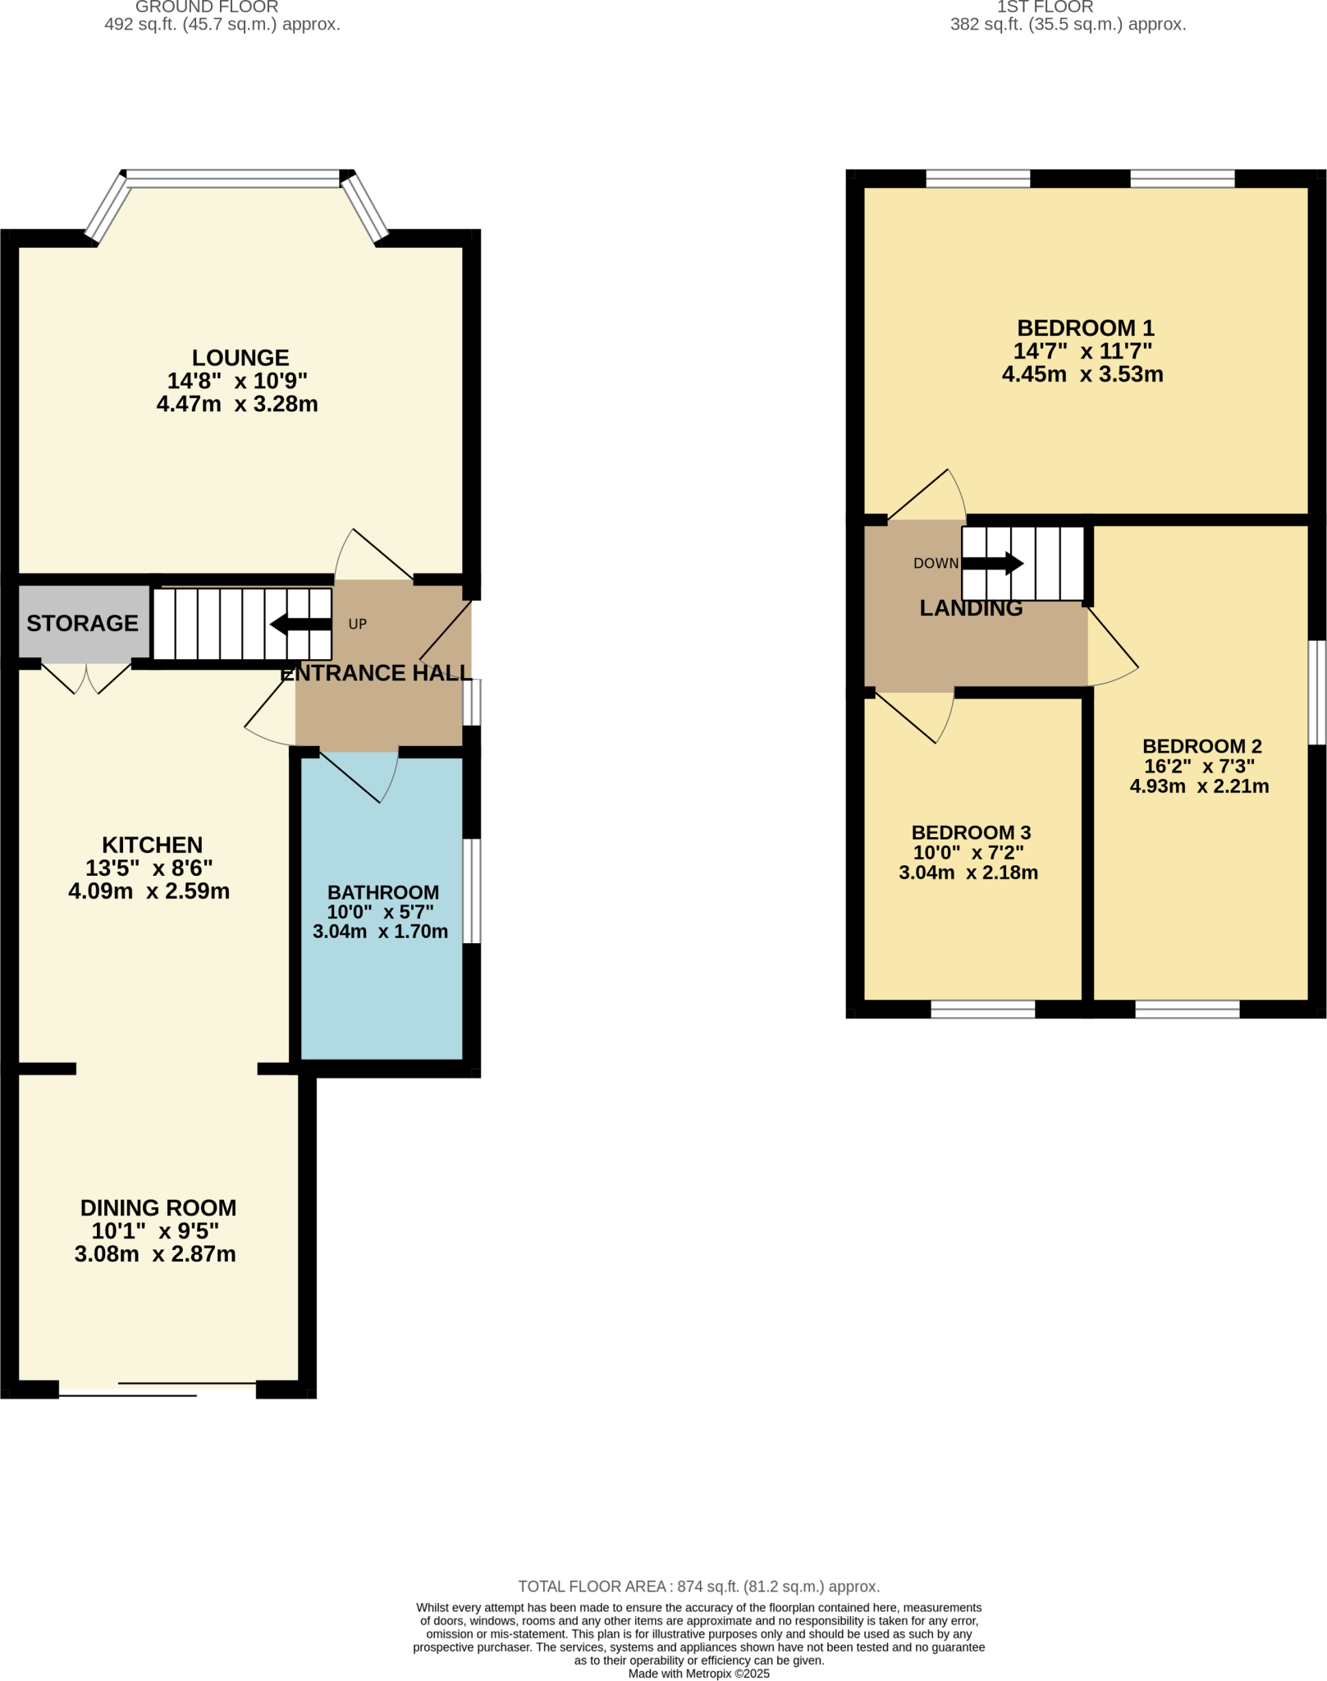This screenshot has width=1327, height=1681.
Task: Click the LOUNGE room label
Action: tap(240, 358)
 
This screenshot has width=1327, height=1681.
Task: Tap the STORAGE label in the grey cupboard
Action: tap(82, 623)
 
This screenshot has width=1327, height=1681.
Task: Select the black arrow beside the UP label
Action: tap(300, 625)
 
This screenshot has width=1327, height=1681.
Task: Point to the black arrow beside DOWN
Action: tap(993, 563)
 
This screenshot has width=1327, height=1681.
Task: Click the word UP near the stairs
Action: tap(357, 624)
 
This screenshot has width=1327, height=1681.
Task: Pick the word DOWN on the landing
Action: tap(936, 563)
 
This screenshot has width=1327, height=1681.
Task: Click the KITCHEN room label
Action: tap(152, 845)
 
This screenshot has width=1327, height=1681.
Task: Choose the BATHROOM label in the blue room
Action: tap(383, 892)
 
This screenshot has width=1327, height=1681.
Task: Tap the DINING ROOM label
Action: tap(158, 1207)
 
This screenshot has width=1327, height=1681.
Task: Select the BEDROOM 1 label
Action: tap(1086, 327)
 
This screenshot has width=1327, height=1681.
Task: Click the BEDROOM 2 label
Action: tap(1202, 746)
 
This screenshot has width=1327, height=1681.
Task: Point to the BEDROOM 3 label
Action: tap(971, 832)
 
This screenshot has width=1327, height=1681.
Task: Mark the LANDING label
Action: tap(971, 608)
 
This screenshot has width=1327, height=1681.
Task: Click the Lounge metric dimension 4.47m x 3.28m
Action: tap(237, 404)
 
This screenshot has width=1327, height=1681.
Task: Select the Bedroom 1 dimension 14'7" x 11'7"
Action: tap(1082, 351)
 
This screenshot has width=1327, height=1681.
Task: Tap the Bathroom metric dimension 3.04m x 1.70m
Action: tap(380, 932)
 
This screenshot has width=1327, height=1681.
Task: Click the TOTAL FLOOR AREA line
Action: tap(698, 1587)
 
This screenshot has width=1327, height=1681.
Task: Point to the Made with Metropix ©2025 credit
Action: tap(698, 1674)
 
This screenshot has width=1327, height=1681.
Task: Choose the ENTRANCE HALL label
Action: tap(376, 673)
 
